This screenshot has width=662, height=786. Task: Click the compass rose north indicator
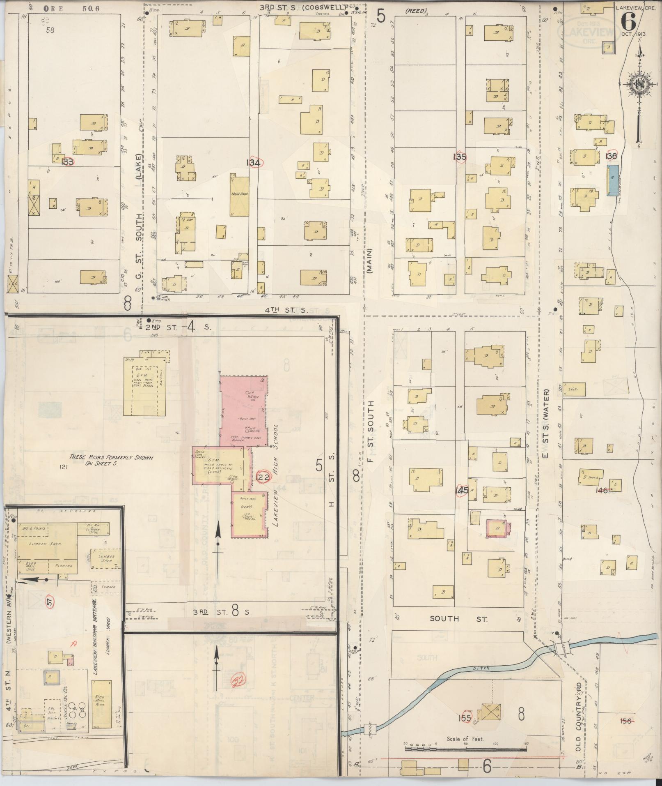tap(639, 84)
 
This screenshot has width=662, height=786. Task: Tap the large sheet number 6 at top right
tap(628, 20)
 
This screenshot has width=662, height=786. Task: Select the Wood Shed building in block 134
tap(239, 196)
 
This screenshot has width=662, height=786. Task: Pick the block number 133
tap(68, 162)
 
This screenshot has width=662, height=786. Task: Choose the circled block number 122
tap(262, 477)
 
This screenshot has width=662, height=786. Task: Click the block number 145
tap(462, 490)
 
